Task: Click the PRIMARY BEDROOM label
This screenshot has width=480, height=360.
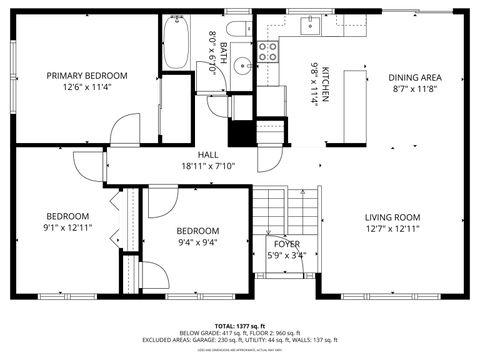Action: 87,76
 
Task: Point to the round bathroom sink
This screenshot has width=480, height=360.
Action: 243,68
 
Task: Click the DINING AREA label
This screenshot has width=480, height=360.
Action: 415,77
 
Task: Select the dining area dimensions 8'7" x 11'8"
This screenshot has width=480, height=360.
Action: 415,89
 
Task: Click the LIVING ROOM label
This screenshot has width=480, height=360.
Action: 392,217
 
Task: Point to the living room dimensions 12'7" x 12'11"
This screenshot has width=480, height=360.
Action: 392,229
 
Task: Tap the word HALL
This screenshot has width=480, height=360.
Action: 208,154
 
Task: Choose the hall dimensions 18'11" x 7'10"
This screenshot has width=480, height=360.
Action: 208,166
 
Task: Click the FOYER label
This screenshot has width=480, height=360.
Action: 287,243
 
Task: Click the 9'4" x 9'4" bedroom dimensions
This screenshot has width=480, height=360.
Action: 197,242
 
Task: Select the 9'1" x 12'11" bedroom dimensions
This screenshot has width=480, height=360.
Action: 68,229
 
